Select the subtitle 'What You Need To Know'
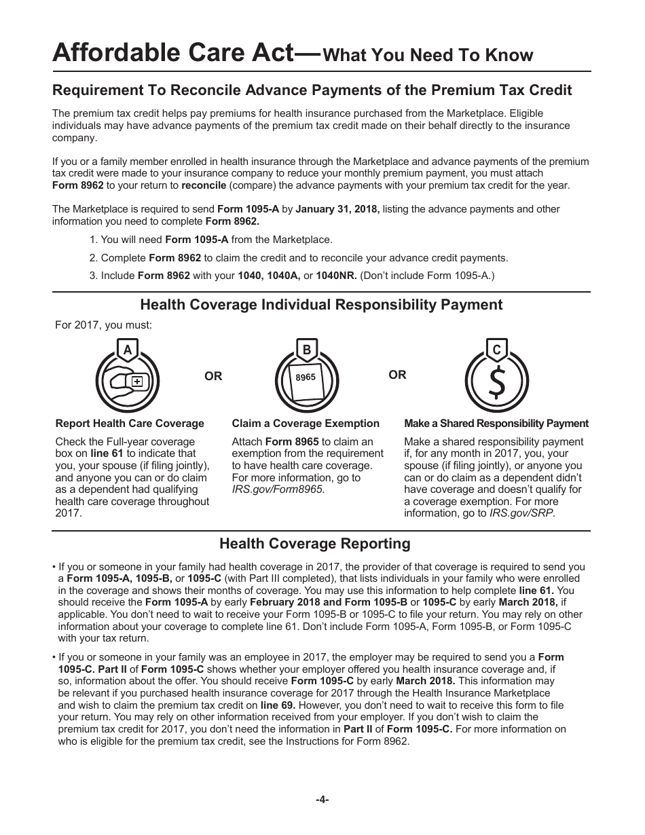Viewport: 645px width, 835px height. pyautogui.click(x=428, y=55)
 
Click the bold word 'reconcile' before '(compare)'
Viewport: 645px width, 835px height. pyautogui.click(x=204, y=185)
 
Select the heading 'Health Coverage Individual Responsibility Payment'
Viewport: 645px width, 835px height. pyautogui.click(x=321, y=305)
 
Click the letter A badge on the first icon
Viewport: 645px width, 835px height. pyautogui.click(x=127, y=350)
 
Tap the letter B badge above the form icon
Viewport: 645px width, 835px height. pyautogui.click(x=306, y=350)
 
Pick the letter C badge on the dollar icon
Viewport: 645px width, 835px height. pyautogui.click(x=496, y=350)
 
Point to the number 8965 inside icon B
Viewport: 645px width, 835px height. pyautogui.click(x=306, y=377)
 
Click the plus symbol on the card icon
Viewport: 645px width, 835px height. pyautogui.click(x=137, y=382)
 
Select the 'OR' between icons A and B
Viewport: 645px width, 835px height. pyautogui.click(x=213, y=376)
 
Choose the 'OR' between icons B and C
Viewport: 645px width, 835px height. pyautogui.click(x=397, y=375)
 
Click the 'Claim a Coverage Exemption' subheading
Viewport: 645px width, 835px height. pyautogui.click(x=306, y=424)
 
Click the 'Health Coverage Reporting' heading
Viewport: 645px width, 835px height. pyautogui.click(x=315, y=544)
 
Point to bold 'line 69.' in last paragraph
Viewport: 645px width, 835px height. pyautogui.click(x=277, y=705)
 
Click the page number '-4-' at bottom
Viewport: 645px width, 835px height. pyautogui.click(x=322, y=800)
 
